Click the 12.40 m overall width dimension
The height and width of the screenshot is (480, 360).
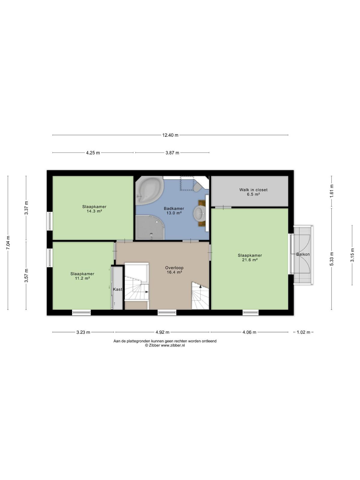pyautogui.click(x=170, y=135)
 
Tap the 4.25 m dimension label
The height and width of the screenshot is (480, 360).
pyautogui.click(x=93, y=153)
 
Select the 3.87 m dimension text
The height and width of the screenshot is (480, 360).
pyautogui.click(x=172, y=153)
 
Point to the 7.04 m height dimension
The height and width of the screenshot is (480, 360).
pyautogui.click(x=8, y=243)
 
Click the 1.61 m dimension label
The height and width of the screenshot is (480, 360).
pyautogui.click(x=331, y=191)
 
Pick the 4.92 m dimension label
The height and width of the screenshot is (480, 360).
pyautogui.click(x=162, y=332)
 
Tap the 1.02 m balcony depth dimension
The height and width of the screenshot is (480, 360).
pyautogui.click(x=303, y=332)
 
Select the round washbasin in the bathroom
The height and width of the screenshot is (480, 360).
pyautogui.click(x=199, y=213)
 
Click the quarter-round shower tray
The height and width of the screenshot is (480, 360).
pyautogui.click(x=149, y=227)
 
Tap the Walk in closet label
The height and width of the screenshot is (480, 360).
pyautogui.click(x=253, y=190)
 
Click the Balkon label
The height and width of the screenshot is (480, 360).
pyautogui.click(x=303, y=254)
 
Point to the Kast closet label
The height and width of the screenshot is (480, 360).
pyautogui.click(x=118, y=289)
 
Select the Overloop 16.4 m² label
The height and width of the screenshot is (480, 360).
pyautogui.click(x=174, y=270)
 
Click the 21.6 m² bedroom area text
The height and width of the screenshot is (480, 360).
pyautogui.click(x=250, y=260)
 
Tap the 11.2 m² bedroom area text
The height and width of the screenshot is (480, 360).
pyautogui.click(x=82, y=278)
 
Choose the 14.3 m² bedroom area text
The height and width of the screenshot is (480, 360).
pyautogui.click(x=94, y=211)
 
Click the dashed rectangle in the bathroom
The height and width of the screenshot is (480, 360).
pyautogui.click(x=187, y=183)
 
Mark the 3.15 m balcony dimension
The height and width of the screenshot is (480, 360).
pyautogui.click(x=352, y=255)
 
